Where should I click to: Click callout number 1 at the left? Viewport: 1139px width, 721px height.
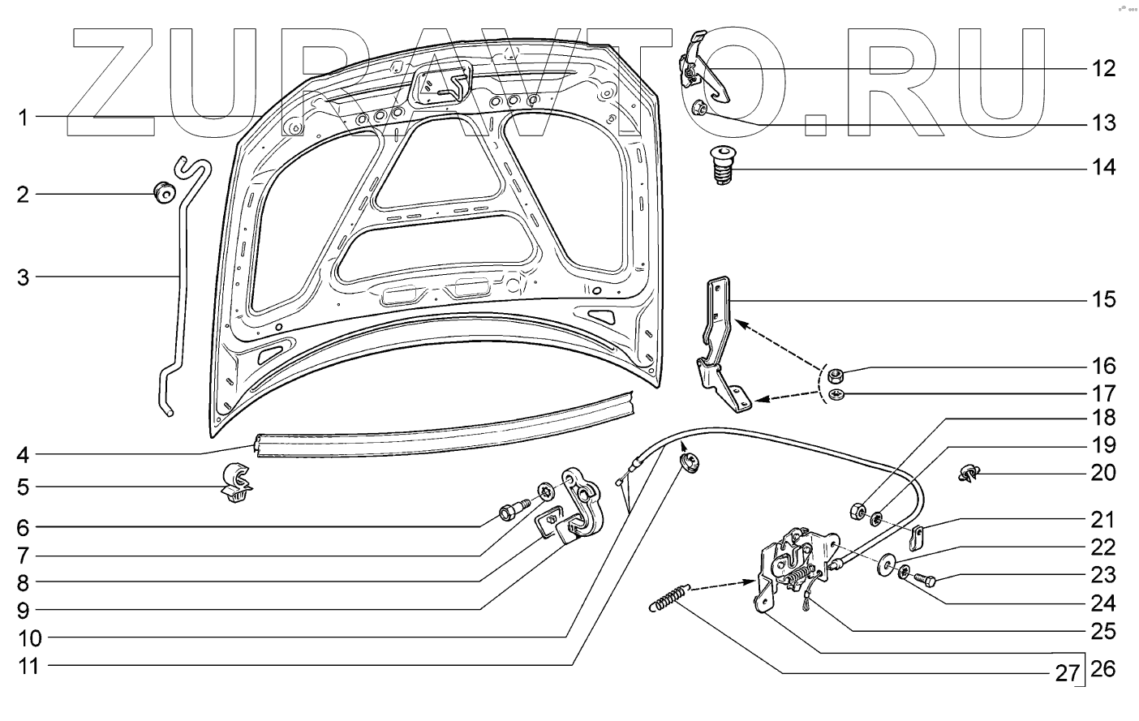[x=24, y=118]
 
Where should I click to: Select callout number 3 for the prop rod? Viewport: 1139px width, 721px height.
[x=24, y=278]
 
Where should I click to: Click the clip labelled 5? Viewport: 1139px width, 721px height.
[x=234, y=485]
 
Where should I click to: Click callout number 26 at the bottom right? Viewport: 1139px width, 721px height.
[x=1103, y=669]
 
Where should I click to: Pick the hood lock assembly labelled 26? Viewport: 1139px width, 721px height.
[x=787, y=568]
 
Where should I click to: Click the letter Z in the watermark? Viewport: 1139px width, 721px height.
[x=114, y=81]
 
